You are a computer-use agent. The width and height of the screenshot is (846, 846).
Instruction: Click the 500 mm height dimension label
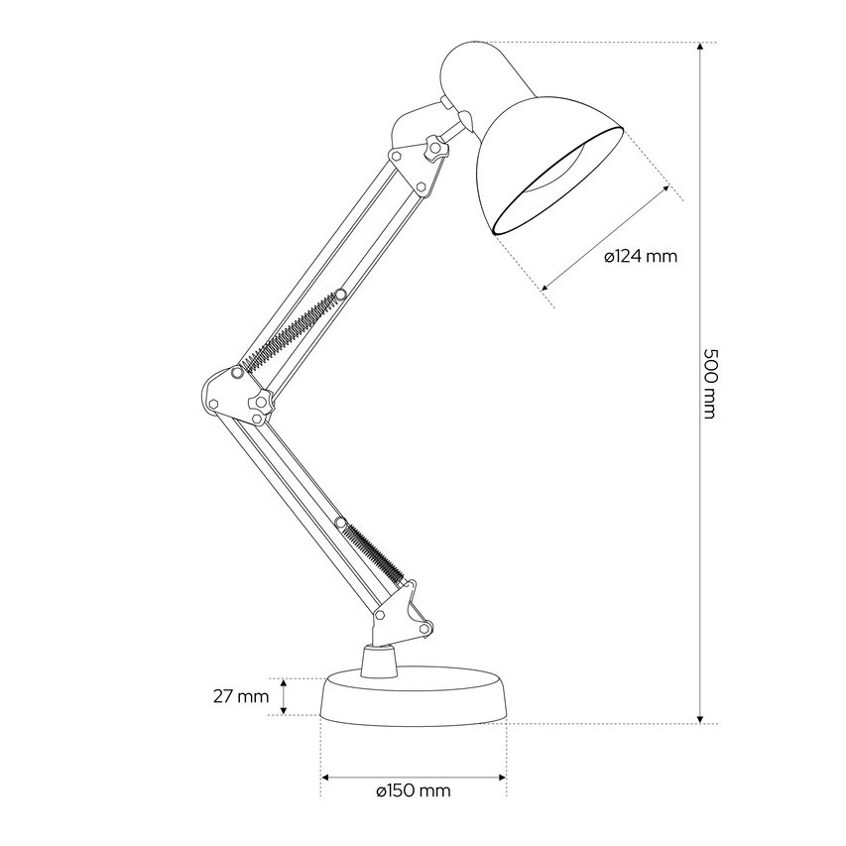(x=712, y=383)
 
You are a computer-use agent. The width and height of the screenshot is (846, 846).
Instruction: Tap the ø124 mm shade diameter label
(x=641, y=256)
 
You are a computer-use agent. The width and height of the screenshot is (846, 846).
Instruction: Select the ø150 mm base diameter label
(x=414, y=791)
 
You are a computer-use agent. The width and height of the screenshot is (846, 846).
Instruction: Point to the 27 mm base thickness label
(x=241, y=696)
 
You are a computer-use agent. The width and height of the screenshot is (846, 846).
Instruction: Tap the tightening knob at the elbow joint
(x=261, y=401)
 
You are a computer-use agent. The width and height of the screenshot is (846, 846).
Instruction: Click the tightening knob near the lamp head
(x=435, y=149)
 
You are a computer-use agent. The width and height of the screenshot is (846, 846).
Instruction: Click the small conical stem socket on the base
(x=379, y=661)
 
